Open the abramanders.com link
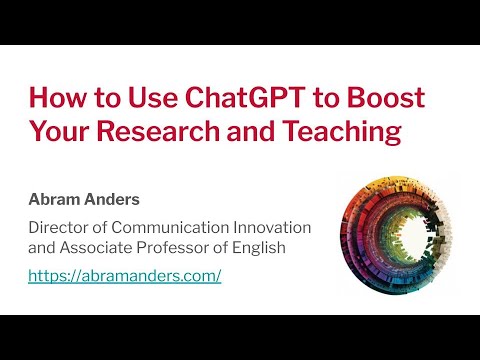coord(125,275)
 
